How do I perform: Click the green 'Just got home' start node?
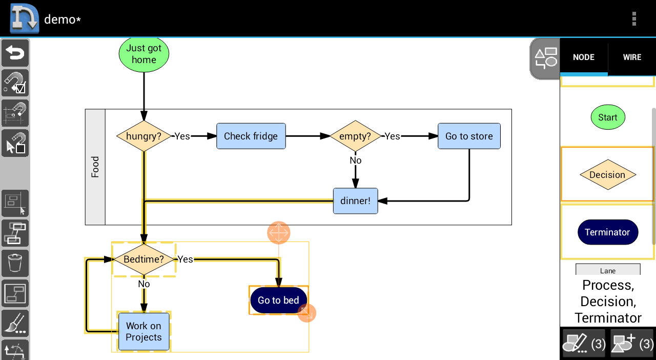[x=144, y=54]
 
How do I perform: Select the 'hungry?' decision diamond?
[x=144, y=136]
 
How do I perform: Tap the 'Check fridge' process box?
[x=251, y=136]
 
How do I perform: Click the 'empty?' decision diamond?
[x=355, y=136]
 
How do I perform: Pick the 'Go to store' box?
[x=469, y=136]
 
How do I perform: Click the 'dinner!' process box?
[x=356, y=201]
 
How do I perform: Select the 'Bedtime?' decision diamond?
[x=144, y=259]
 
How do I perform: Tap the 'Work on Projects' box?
[x=144, y=332]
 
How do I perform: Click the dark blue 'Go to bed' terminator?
[x=278, y=300]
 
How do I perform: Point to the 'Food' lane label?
[x=95, y=167]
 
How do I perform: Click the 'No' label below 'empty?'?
[x=356, y=161]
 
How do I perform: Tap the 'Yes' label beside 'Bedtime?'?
[x=186, y=259]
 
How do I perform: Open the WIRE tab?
[x=632, y=57]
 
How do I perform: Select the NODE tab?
[x=584, y=57]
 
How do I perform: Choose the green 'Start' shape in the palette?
[x=608, y=117]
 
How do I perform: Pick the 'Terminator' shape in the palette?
[x=608, y=232]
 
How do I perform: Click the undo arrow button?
[x=15, y=53]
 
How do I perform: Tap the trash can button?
[x=15, y=263]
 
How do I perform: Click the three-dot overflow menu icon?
[x=634, y=19]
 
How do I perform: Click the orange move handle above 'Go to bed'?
[x=278, y=233]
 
